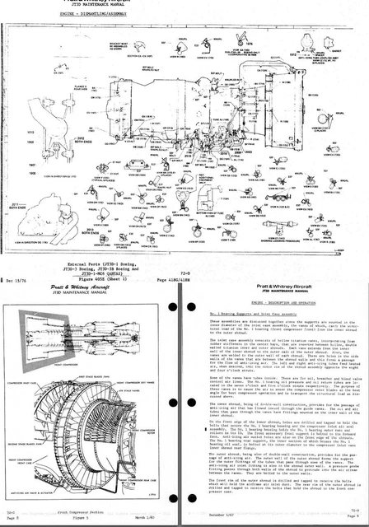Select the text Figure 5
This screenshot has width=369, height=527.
(95, 520)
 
